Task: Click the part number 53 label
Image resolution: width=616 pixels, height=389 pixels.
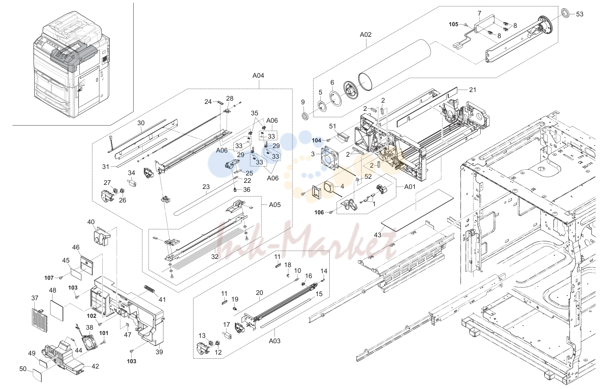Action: pyautogui.click(x=580, y=14)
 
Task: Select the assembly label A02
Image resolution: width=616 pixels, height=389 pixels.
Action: pyautogui.click(x=366, y=35)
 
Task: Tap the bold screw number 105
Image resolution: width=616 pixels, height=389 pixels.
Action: pyautogui.click(x=454, y=24)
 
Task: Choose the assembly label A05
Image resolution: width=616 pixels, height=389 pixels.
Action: pyautogui.click(x=275, y=205)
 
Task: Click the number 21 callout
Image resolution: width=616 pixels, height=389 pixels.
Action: pyautogui.click(x=472, y=90)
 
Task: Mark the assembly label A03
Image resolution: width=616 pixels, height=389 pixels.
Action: pyautogui.click(x=274, y=341)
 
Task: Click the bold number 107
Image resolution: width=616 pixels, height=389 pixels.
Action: pyautogui.click(x=49, y=278)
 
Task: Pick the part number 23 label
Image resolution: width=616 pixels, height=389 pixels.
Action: pyautogui.click(x=206, y=187)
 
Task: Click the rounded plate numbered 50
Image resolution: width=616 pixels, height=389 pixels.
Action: pyautogui.click(x=37, y=375)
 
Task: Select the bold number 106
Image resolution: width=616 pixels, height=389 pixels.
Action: pyautogui.click(x=319, y=213)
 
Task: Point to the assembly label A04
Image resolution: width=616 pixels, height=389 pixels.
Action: pyautogui.click(x=258, y=76)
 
